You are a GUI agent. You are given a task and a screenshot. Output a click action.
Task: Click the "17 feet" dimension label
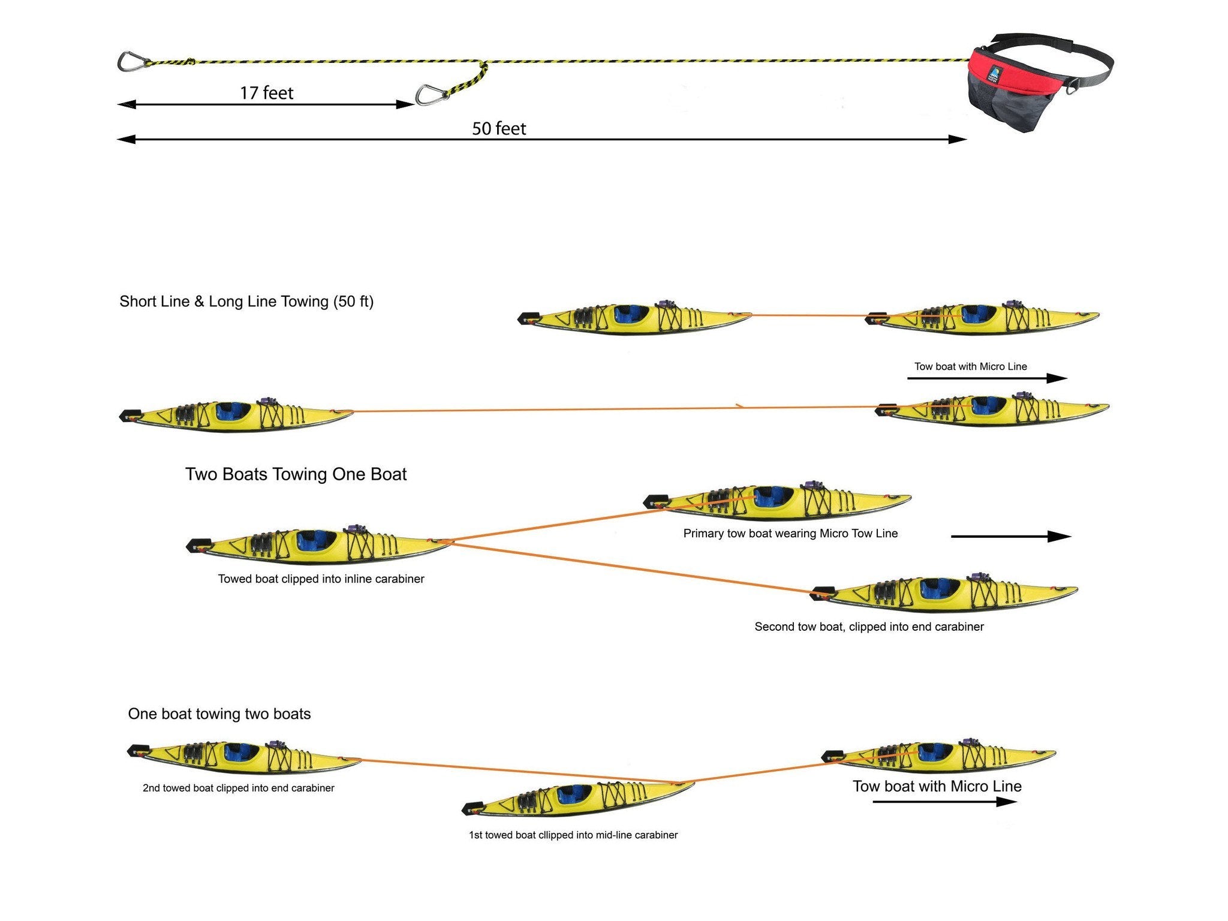coord(267,93)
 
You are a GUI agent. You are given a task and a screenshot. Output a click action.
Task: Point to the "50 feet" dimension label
coord(499,128)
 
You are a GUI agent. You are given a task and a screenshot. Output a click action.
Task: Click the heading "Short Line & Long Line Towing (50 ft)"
coord(246,301)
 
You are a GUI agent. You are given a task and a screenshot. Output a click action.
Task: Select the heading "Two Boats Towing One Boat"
coord(296,474)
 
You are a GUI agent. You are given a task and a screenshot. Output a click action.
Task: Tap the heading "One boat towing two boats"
coord(219,714)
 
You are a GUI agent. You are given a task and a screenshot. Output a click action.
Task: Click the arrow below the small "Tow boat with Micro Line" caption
coord(987,378)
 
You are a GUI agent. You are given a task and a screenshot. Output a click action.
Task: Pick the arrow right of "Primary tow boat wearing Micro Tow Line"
coord(1011,536)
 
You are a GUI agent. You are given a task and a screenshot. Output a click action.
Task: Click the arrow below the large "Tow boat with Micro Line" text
coord(944,802)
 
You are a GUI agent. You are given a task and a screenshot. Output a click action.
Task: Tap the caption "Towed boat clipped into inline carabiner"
coord(321,579)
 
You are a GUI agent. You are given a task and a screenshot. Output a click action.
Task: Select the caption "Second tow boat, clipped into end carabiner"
coord(869,627)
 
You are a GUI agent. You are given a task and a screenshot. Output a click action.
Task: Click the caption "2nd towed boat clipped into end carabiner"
coord(238,788)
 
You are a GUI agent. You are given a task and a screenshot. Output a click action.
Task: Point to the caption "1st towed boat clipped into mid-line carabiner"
coord(573,835)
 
